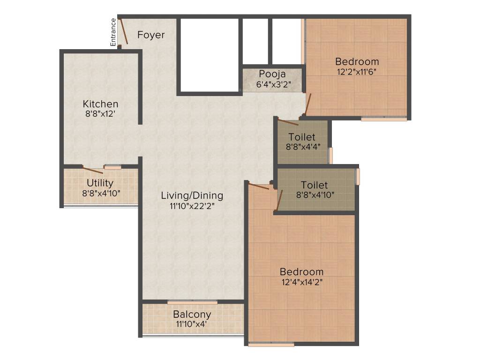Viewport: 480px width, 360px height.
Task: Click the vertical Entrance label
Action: click(x=113, y=32)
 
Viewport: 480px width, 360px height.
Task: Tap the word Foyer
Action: click(x=151, y=35)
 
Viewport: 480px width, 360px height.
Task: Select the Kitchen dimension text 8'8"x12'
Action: click(x=100, y=113)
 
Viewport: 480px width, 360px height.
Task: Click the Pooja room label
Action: click(x=272, y=75)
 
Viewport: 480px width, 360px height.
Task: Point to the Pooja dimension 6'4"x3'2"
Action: click(x=272, y=84)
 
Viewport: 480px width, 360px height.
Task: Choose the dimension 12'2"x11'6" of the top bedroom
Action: click(x=357, y=71)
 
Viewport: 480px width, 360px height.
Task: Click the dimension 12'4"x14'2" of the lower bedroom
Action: click(x=301, y=282)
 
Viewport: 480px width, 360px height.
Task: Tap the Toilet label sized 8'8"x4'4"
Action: click(x=302, y=137)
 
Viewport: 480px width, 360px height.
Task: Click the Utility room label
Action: click(x=100, y=183)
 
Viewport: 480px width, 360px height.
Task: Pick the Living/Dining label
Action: click(x=192, y=195)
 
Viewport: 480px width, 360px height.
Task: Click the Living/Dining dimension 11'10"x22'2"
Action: click(x=192, y=205)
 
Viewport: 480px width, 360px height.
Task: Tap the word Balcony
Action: click(x=192, y=314)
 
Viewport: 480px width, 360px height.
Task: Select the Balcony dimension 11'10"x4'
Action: click(x=192, y=324)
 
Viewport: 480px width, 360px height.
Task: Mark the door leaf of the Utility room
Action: click(x=93, y=170)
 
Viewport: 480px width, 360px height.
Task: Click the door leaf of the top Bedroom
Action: click(x=307, y=104)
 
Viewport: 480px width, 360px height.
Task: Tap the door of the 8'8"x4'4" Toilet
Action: click(x=288, y=122)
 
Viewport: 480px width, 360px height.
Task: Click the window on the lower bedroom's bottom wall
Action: click(x=271, y=345)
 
